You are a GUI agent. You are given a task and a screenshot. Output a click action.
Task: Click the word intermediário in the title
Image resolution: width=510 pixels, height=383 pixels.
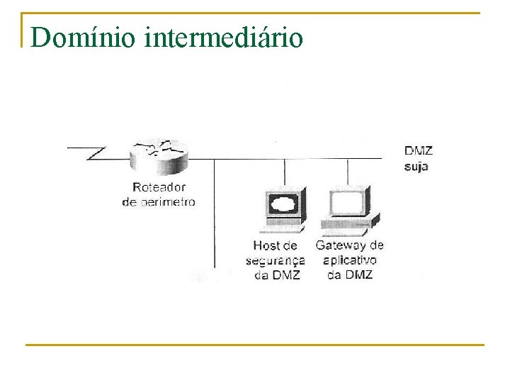click(x=223, y=37)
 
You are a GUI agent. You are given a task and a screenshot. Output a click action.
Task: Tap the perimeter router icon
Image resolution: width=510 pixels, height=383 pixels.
click(x=159, y=157)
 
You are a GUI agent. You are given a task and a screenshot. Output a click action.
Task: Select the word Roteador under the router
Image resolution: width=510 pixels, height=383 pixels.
click(x=159, y=187)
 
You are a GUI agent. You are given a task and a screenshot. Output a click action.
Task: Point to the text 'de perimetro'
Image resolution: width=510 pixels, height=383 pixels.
click(x=159, y=201)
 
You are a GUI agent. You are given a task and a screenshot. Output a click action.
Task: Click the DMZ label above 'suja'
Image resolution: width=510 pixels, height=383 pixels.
click(x=418, y=150)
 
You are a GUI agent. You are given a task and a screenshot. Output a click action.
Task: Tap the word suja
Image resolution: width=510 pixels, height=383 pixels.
click(x=416, y=167)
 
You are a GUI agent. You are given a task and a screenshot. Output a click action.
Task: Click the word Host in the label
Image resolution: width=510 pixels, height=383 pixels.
click(x=266, y=246)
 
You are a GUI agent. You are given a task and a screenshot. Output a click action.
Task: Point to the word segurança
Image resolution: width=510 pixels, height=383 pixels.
click(x=276, y=260)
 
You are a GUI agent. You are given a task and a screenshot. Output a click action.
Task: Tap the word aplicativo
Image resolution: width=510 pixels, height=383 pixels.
click(x=350, y=260)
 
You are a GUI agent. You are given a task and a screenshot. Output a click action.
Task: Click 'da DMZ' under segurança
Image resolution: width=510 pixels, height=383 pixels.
click(x=277, y=274)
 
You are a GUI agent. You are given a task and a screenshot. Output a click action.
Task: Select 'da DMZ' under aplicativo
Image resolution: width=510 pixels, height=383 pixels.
click(x=350, y=274)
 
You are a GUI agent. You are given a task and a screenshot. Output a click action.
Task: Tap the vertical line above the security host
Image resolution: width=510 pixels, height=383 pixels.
click(x=284, y=174)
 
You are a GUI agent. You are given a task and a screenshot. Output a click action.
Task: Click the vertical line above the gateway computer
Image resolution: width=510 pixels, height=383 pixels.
click(x=348, y=174)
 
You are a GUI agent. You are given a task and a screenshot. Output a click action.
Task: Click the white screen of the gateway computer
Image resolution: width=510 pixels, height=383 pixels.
click(x=347, y=203)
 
